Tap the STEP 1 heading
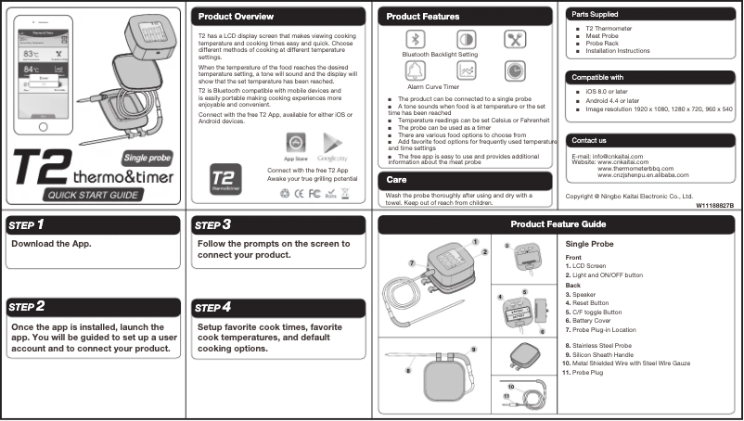(x=28, y=225)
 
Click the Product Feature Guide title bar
(x=558, y=224)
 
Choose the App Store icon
(x=294, y=144)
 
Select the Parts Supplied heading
(x=595, y=15)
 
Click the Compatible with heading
(x=598, y=77)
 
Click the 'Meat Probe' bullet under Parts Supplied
(x=604, y=36)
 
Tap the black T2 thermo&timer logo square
(x=223, y=177)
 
